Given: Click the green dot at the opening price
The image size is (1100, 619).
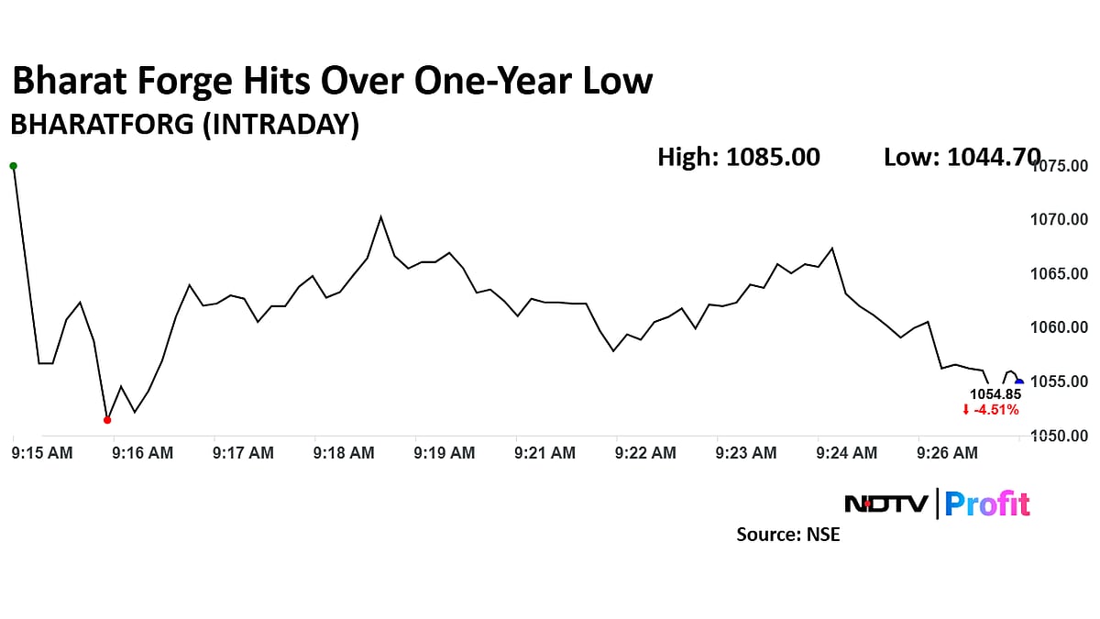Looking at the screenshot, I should [x=13, y=166].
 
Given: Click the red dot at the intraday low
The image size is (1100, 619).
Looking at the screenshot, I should [x=107, y=420].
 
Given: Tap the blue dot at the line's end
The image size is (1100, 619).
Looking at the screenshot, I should [x=1019, y=383].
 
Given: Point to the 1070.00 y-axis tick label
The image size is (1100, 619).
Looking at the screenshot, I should [x=1061, y=220].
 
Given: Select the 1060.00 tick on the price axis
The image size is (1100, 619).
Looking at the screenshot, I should [x=1061, y=327].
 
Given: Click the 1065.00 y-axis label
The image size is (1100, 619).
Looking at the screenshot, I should [x=1061, y=274].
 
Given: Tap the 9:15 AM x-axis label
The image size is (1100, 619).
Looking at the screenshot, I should [x=43, y=453].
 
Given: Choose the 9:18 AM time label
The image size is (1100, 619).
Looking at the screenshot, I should [x=344, y=453].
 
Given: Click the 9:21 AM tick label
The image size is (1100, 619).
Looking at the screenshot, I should [x=544, y=453].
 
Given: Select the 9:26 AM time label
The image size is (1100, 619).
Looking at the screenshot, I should [x=947, y=453].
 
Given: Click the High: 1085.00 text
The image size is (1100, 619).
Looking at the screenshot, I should [x=739, y=158].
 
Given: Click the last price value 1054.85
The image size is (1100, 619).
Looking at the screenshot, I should [x=994, y=395].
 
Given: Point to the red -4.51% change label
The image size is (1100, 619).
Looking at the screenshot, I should [x=991, y=410].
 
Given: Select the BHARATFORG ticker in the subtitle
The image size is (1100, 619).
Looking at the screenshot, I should [x=99, y=125].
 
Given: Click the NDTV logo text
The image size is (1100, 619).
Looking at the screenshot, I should [x=885, y=503].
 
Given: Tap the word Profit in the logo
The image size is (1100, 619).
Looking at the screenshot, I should [x=987, y=504].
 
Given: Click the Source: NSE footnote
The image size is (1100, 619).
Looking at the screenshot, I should [x=788, y=535].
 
